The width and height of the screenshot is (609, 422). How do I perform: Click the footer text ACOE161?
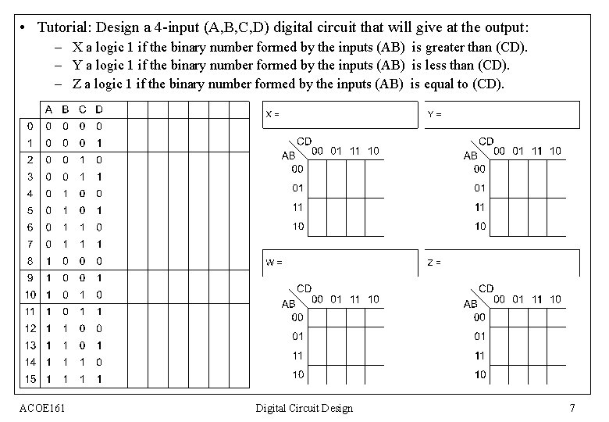[42, 408]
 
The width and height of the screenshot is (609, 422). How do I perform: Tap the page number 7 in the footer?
[572, 408]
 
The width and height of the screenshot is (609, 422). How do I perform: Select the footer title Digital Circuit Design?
[304, 408]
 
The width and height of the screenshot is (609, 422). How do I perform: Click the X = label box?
[272, 113]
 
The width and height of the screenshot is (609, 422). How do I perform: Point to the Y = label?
[434, 113]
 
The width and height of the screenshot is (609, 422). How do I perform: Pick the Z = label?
[434, 262]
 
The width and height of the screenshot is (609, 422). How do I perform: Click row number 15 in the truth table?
[30, 379]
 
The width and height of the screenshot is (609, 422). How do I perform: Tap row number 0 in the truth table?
[30, 124]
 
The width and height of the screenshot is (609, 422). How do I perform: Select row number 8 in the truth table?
[30, 259]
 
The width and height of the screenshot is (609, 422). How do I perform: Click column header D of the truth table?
[98, 109]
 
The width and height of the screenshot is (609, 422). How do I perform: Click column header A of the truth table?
[48, 109]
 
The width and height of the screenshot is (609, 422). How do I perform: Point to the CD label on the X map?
[304, 141]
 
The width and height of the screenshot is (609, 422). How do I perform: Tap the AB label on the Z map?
[470, 303]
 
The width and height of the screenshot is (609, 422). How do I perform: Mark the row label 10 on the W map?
[298, 374]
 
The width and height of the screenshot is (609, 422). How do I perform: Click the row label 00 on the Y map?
[479, 169]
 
